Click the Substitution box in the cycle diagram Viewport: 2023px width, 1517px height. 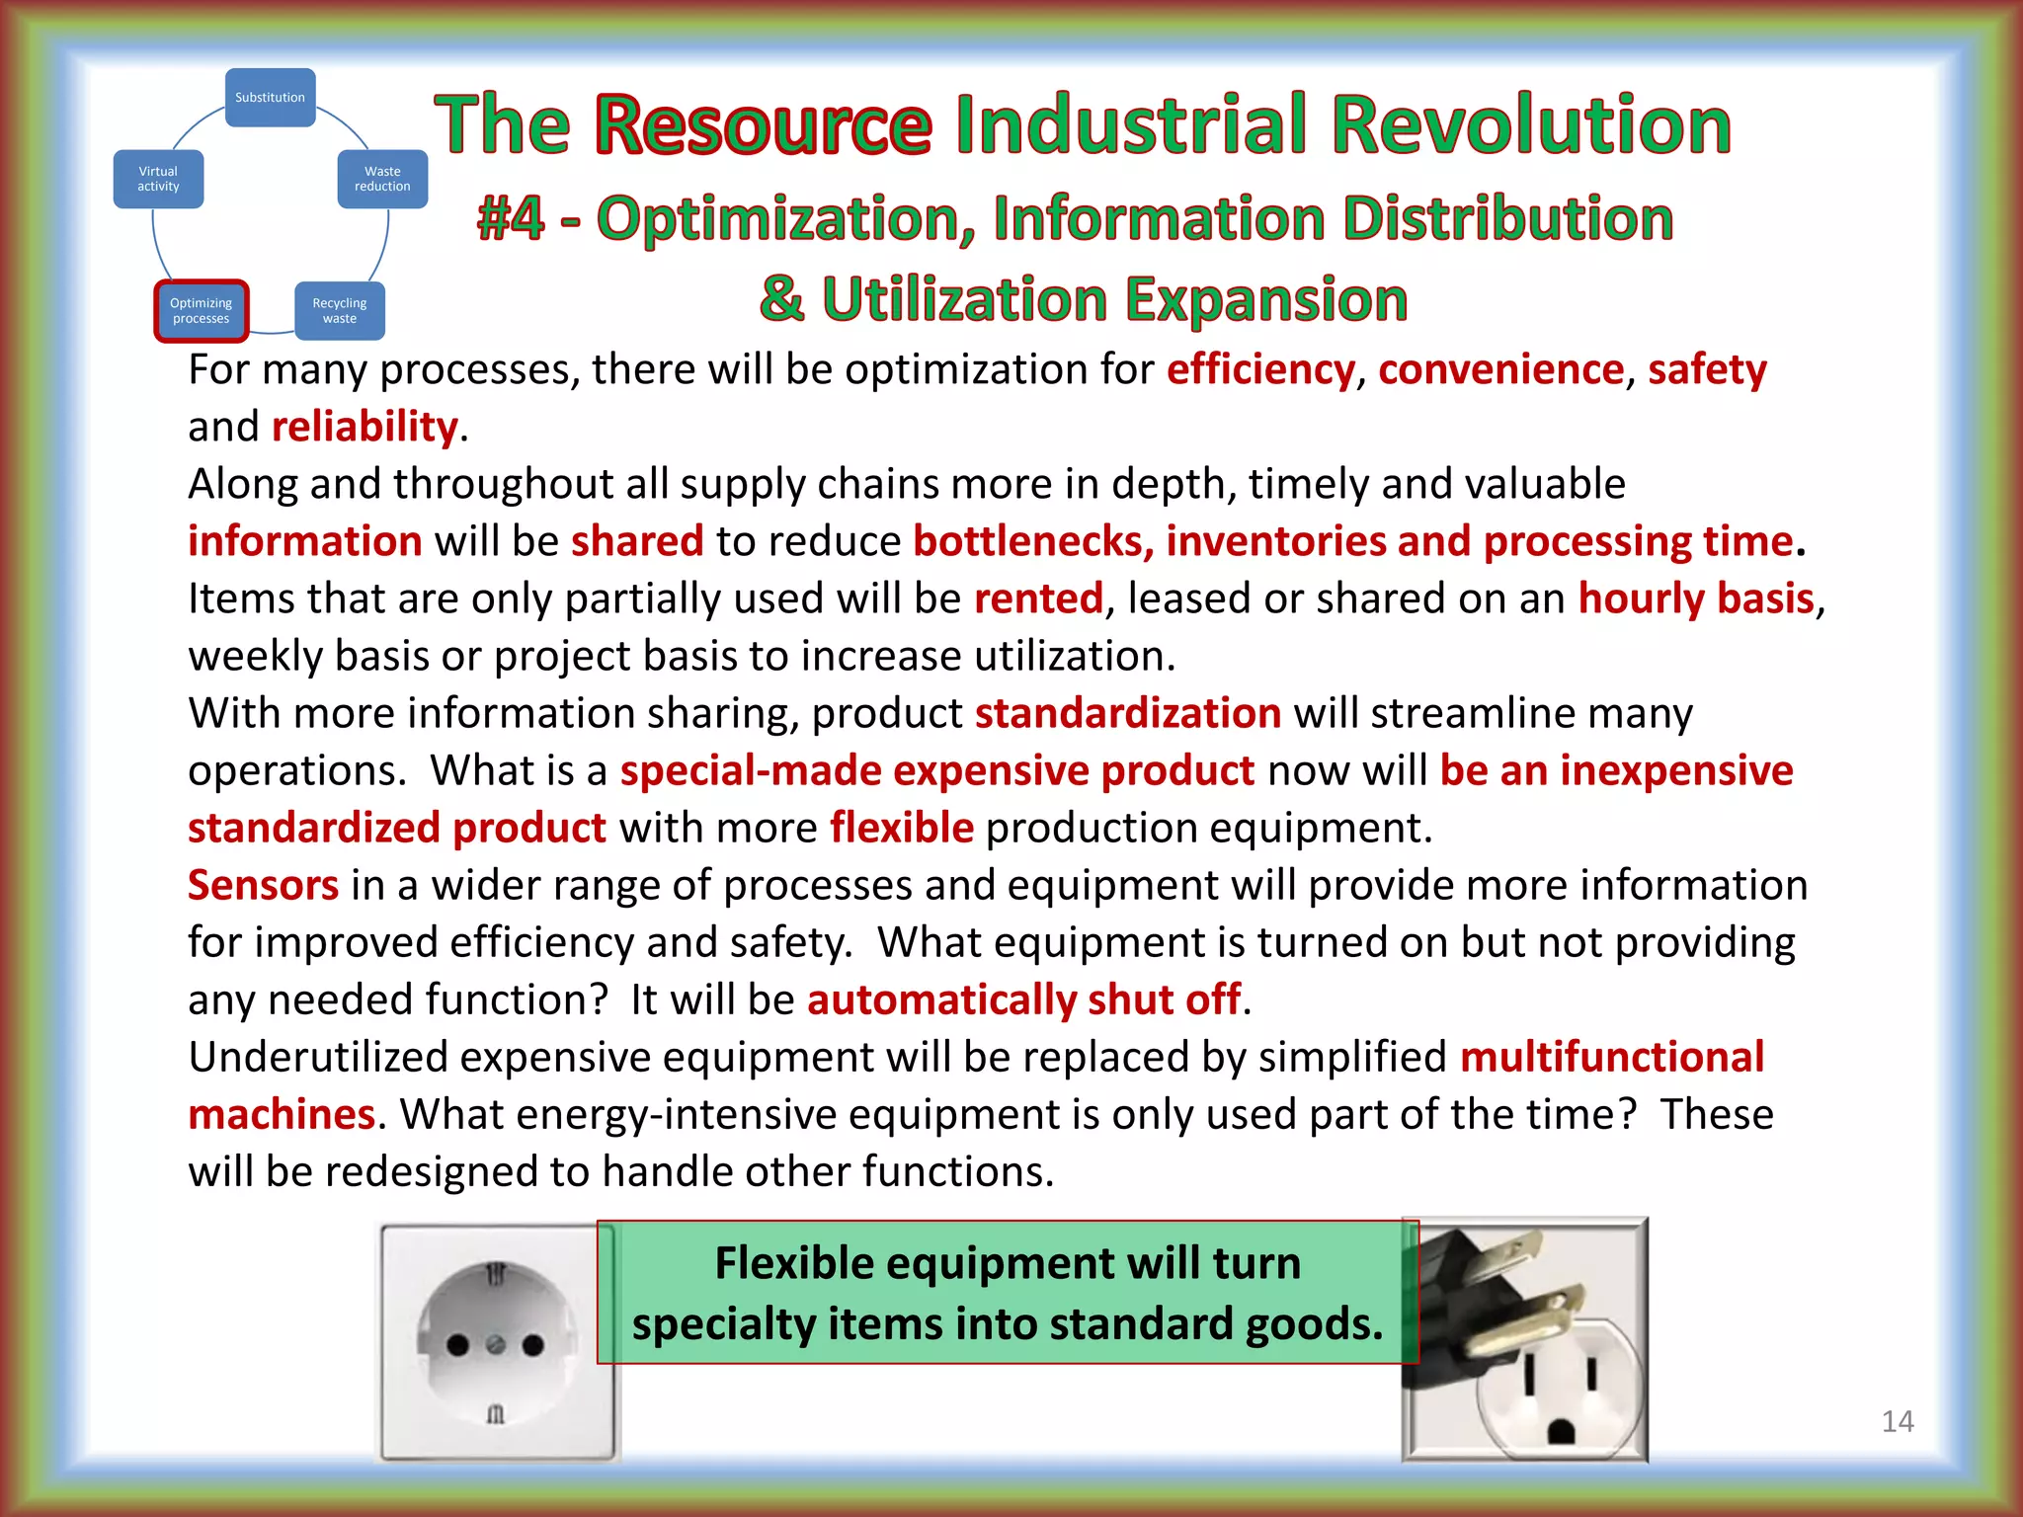click(x=270, y=97)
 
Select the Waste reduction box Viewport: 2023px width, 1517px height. click(x=382, y=179)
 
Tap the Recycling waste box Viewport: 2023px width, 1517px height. click(x=339, y=310)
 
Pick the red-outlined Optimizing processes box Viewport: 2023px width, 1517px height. click(x=201, y=310)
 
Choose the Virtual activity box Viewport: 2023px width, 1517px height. click(x=158, y=179)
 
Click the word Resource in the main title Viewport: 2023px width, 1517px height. click(x=764, y=125)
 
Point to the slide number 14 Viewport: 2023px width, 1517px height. click(x=1898, y=1421)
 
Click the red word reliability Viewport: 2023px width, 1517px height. click(x=364, y=427)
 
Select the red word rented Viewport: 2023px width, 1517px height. click(x=1038, y=599)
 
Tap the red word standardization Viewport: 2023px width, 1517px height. click(x=1128, y=713)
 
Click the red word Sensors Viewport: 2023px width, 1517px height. click(x=264, y=885)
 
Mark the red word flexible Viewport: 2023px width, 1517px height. click(x=902, y=828)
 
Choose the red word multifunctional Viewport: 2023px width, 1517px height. click(x=1612, y=1057)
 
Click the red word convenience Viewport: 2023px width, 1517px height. click(x=1500, y=369)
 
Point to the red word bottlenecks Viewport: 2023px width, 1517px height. click(x=1027, y=541)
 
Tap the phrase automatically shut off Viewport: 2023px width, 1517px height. click(x=1024, y=999)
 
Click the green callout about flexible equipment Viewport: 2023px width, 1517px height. click(x=1008, y=1292)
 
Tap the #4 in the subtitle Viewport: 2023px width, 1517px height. click(x=511, y=218)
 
